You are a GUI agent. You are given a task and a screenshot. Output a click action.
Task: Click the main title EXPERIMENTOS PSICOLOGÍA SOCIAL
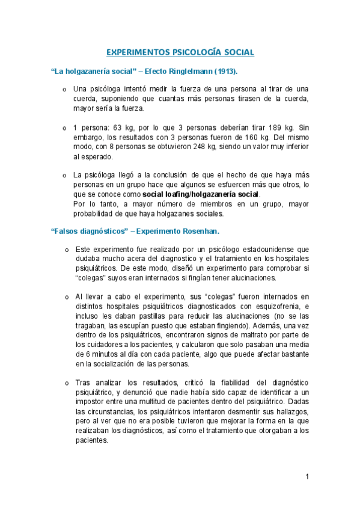click(x=180, y=52)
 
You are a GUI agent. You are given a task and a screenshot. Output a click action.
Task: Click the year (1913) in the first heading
click(x=220, y=72)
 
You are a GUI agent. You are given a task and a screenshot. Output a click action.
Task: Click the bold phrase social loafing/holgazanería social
click(x=201, y=194)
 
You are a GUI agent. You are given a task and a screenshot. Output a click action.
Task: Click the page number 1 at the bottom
click(x=307, y=477)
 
